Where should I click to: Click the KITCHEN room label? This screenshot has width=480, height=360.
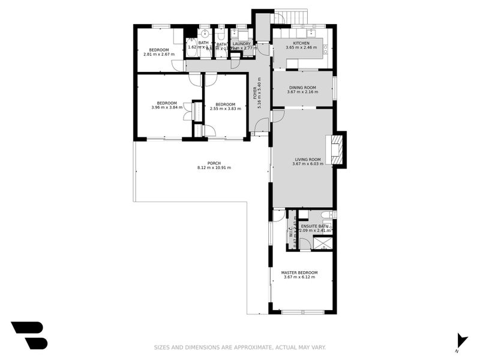click(301, 44)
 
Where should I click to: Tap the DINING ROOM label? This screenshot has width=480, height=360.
click(301, 87)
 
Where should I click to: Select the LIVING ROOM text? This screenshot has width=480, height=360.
click(308, 158)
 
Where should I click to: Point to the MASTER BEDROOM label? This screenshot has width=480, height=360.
click(299, 272)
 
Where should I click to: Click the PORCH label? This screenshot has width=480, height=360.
click(214, 163)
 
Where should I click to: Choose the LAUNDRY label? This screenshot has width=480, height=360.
click(242, 43)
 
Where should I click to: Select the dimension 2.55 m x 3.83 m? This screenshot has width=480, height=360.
click(226, 109)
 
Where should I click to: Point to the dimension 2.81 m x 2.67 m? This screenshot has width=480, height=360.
click(159, 54)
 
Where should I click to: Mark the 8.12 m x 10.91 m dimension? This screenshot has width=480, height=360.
click(214, 167)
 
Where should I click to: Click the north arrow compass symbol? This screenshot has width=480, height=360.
click(461, 340)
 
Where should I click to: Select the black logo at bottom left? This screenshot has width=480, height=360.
click(29, 335)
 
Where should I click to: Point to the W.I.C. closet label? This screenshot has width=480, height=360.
click(291, 231)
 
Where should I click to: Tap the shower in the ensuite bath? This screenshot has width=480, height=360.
click(323, 242)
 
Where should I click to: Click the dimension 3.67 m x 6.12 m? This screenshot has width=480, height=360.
click(299, 278)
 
